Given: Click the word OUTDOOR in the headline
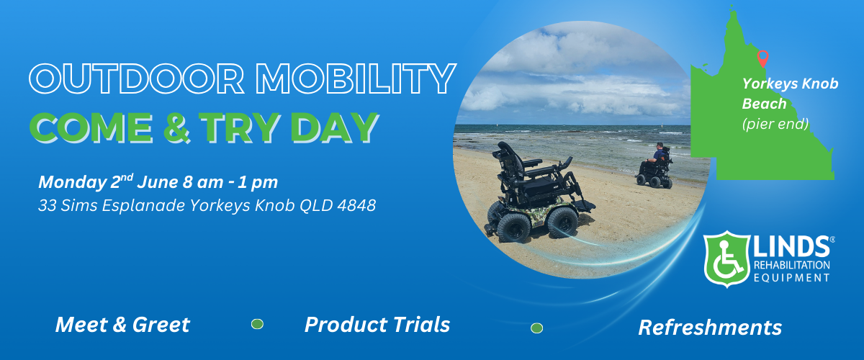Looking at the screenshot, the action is pyautogui.click(x=137, y=78).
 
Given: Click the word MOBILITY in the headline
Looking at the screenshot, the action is pyautogui.click(x=356, y=78).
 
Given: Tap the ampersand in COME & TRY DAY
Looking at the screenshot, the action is pyautogui.click(x=176, y=127).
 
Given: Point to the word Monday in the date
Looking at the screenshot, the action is pyautogui.click(x=73, y=182).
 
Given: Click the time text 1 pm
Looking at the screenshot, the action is pyautogui.click(x=258, y=182).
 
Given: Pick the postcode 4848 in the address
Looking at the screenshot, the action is pyautogui.click(x=356, y=205).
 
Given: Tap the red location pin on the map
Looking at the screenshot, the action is pyautogui.click(x=762, y=58).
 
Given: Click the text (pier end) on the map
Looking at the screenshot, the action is pyautogui.click(x=775, y=124).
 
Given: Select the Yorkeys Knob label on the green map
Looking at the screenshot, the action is pyautogui.click(x=790, y=84).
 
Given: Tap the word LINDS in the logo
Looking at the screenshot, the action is pyautogui.click(x=791, y=246).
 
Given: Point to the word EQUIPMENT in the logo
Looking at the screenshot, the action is pyautogui.click(x=791, y=278).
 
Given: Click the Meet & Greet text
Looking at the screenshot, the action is pyautogui.click(x=122, y=325).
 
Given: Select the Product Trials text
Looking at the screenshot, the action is pyautogui.click(x=377, y=325).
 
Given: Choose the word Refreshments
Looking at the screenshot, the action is pyautogui.click(x=710, y=328).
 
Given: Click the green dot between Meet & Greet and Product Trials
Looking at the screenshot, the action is pyautogui.click(x=257, y=324).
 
